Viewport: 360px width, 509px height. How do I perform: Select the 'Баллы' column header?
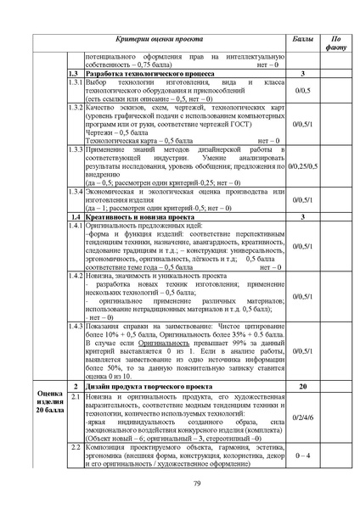click(301, 40)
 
